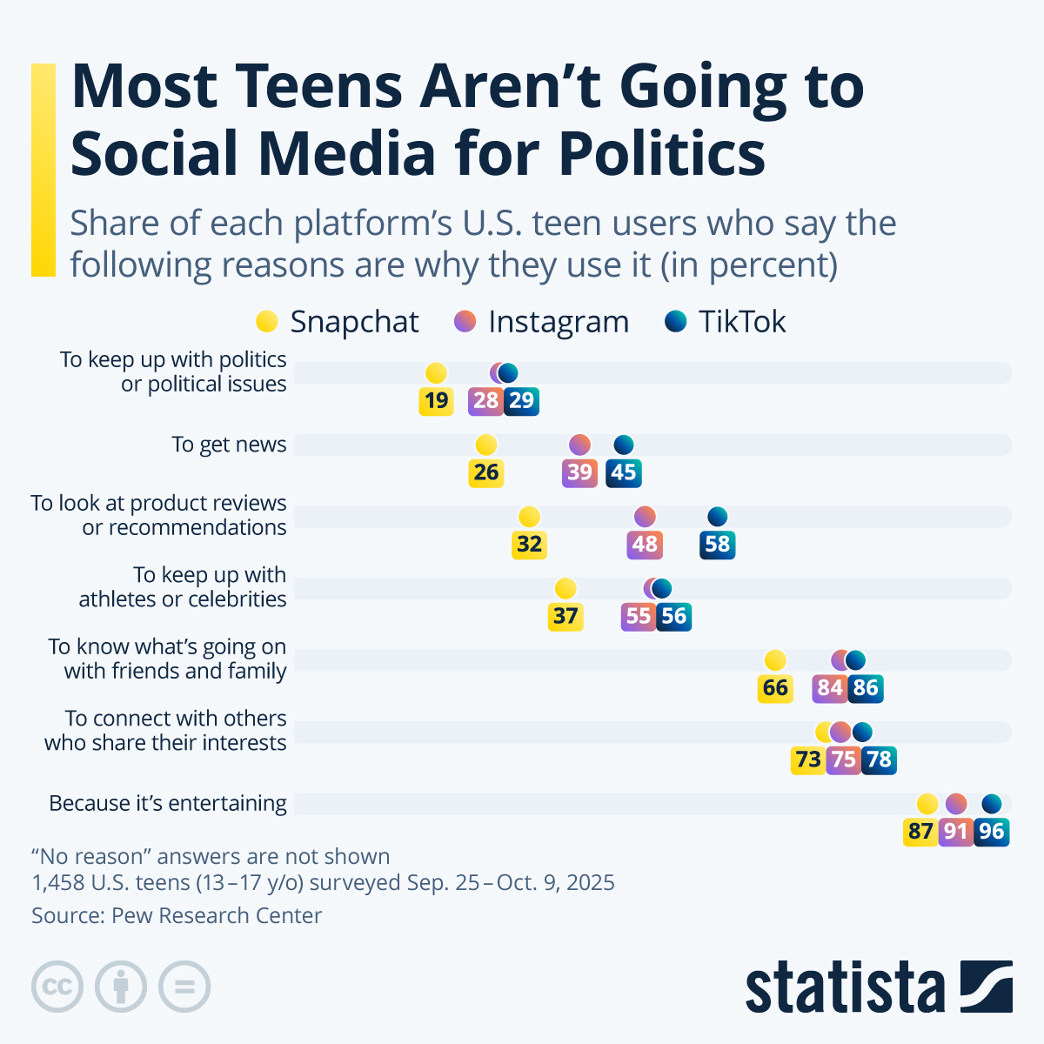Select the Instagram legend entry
click(x=541, y=322)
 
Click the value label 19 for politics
click(x=436, y=401)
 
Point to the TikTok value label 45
click(x=624, y=472)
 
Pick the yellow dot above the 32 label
click(x=529, y=517)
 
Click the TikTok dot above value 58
click(x=718, y=517)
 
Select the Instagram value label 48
click(x=645, y=545)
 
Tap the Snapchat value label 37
click(x=565, y=616)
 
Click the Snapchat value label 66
click(x=775, y=688)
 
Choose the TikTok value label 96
click(x=991, y=832)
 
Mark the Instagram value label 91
click(x=956, y=832)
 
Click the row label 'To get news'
click(x=229, y=445)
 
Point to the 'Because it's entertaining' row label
click(x=168, y=803)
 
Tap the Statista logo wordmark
click(x=844, y=987)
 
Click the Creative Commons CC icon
click(x=57, y=987)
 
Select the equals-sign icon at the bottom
click(x=184, y=987)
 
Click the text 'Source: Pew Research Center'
click(x=177, y=915)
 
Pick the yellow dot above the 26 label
click(x=486, y=445)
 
